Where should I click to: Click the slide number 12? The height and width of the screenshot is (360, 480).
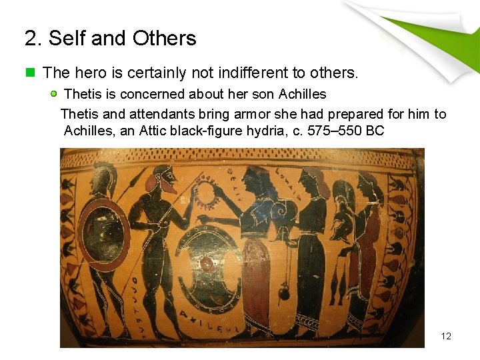[446, 336]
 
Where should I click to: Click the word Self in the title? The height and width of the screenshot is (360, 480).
[67, 39]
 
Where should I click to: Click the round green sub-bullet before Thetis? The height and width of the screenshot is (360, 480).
[54, 94]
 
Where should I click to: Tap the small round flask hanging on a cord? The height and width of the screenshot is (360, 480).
[283, 292]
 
